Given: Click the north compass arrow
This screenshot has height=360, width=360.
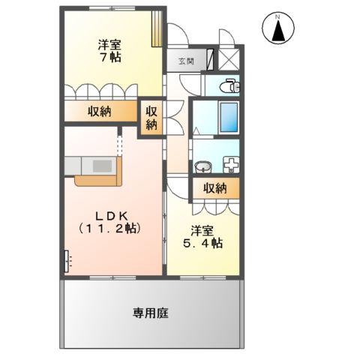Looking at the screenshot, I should pyautogui.click(x=277, y=30).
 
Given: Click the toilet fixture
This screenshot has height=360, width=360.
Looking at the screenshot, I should pyautogui.click(x=229, y=87).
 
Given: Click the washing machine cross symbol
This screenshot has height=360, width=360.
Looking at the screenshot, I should pyautogui.click(x=230, y=163).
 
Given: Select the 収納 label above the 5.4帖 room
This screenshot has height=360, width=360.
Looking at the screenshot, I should pyautogui.click(x=214, y=188).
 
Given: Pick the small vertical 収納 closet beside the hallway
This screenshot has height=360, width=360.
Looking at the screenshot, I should pyautogui.click(x=151, y=117).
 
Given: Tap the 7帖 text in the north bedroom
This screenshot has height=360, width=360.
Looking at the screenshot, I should pyautogui.click(x=110, y=56).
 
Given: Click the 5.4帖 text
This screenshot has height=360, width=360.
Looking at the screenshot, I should pyautogui.click(x=205, y=243).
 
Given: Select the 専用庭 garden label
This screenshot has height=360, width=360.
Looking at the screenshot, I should pyautogui.click(x=151, y=313).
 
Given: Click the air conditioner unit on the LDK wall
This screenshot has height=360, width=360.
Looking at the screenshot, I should pyautogui.click(x=67, y=260).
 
